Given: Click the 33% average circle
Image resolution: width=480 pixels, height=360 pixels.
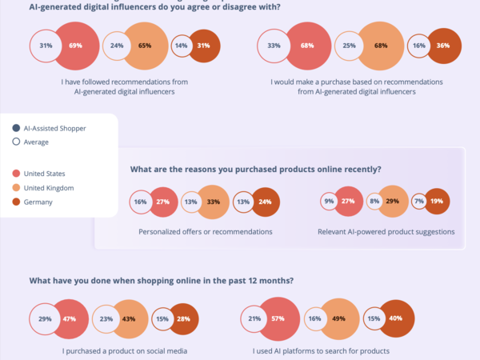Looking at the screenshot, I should pos(274,46).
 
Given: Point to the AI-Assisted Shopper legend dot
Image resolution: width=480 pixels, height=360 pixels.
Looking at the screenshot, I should pos(16,128).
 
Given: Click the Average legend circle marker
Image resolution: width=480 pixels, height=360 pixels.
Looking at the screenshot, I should pos(16,142).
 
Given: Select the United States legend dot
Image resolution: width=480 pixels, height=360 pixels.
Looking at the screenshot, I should pos(16,173).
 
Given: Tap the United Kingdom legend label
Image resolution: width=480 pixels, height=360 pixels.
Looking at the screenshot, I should pos(50,188).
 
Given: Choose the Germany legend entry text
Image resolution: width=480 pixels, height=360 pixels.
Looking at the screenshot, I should pos(38,202).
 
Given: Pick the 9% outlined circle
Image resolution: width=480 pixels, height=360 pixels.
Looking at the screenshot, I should pos(329,202).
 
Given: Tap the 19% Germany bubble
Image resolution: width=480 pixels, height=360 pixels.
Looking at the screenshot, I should pos(436,202).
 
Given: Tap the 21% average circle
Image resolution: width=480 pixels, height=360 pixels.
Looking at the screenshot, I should pos(254,319).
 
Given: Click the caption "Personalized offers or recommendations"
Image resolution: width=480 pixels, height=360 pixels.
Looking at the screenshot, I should pos(205,232).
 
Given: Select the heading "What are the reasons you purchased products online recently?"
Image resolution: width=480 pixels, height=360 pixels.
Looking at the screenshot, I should pos(255,170).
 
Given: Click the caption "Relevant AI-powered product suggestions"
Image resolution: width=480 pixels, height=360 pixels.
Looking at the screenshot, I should pos(386,232).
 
